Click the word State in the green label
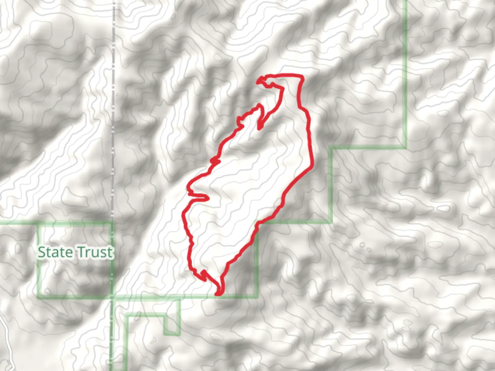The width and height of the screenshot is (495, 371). [55, 252]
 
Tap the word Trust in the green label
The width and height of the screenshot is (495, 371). [94, 252]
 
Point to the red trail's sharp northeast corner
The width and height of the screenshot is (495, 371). [302, 76]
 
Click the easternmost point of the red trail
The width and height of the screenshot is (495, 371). [312, 166]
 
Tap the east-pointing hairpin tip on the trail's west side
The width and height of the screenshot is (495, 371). [208, 198]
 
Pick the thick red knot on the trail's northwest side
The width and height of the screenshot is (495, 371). [214, 160]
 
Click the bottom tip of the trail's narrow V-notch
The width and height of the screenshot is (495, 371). [260, 128]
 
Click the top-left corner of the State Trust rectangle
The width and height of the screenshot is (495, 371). [39, 224]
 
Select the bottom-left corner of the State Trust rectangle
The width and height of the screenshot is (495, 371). [39, 296]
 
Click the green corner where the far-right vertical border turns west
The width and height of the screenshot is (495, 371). [405, 148]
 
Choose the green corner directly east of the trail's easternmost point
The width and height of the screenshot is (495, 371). [332, 148]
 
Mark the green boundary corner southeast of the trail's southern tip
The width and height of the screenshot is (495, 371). [256, 296]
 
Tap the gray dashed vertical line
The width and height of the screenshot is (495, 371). [113, 103]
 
